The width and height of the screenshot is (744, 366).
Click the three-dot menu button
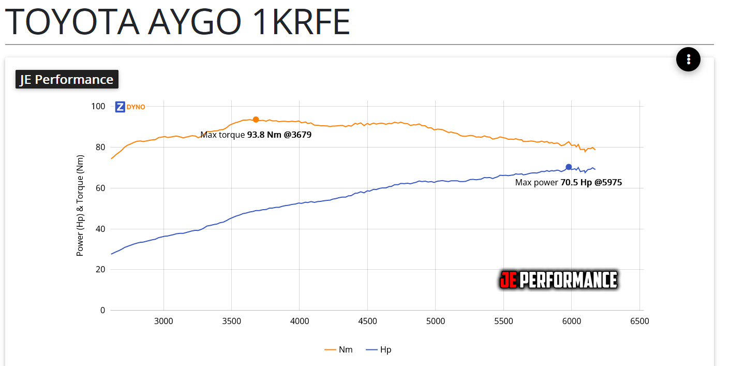click(688, 59)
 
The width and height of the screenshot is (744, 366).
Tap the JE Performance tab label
click(67, 79)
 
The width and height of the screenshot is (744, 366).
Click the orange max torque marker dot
click(256, 120)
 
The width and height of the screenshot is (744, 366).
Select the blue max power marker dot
click(569, 167)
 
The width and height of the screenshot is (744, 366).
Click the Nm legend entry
click(339, 349)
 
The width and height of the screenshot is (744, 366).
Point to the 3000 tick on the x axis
click(163, 321)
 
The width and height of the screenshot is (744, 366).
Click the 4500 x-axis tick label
click(367, 321)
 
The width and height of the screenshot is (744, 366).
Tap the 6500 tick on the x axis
click(639, 321)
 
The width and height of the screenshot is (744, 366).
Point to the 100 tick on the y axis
click(98, 107)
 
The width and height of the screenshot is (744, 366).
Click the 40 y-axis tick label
click(100, 229)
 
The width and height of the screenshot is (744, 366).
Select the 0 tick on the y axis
click(102, 310)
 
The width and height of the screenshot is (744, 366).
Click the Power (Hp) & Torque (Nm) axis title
click(80, 206)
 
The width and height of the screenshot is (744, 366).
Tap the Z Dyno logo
click(130, 107)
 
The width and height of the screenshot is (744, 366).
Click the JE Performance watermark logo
click(558, 280)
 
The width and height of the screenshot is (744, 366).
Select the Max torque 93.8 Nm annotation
click(256, 135)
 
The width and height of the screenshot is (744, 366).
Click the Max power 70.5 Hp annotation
click(568, 182)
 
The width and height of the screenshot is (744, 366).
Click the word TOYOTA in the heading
click(71, 22)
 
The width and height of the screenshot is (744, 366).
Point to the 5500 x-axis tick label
click(503, 321)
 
